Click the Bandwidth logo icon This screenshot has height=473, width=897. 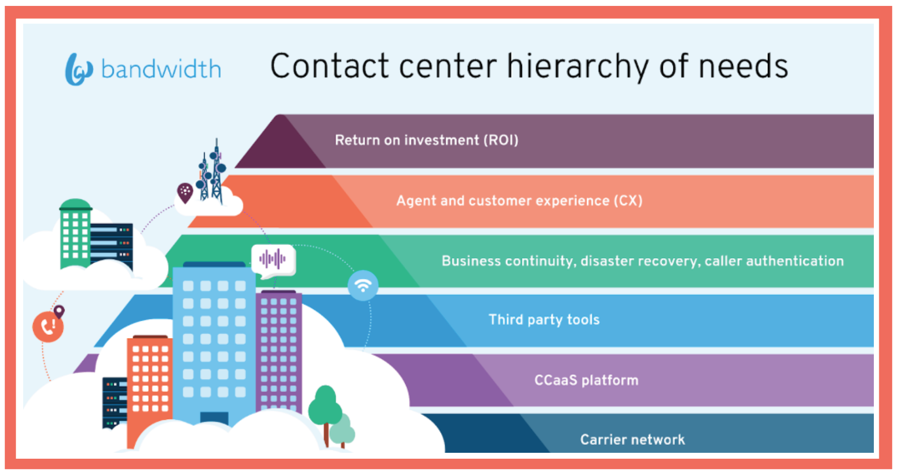point(79,69)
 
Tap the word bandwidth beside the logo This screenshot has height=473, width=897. point(161,69)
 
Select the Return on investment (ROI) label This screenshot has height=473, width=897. point(427,140)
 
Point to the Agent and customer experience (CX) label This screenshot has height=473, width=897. point(519,201)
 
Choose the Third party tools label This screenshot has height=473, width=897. point(544,320)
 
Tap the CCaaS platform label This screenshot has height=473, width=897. point(586,380)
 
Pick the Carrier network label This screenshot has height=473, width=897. point(632,439)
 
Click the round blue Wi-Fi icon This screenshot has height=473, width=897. point(363,285)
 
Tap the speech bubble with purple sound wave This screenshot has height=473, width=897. point(274,261)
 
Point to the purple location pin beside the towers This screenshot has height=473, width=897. point(185,193)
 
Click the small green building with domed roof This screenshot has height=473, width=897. point(75,234)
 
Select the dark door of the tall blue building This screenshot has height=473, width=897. point(214,418)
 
